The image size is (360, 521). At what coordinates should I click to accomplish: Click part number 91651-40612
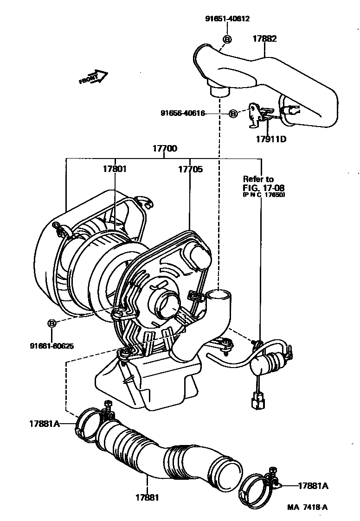(227, 19)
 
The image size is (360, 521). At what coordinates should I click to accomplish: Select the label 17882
(264, 39)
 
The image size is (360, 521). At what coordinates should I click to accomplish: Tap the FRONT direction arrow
(93, 77)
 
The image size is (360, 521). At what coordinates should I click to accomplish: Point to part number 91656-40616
(182, 113)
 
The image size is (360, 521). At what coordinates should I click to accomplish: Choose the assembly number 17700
(165, 149)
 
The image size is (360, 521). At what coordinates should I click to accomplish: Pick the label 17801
(115, 170)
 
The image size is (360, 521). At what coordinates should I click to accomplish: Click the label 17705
(190, 170)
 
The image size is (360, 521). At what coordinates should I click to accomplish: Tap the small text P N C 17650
(264, 195)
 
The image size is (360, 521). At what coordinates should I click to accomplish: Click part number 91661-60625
(52, 345)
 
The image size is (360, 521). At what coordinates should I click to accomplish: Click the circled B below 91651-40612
(227, 39)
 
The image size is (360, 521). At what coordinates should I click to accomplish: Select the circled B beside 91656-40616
(233, 113)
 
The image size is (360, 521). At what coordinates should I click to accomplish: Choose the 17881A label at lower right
(313, 486)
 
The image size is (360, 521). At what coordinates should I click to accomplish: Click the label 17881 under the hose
(148, 497)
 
